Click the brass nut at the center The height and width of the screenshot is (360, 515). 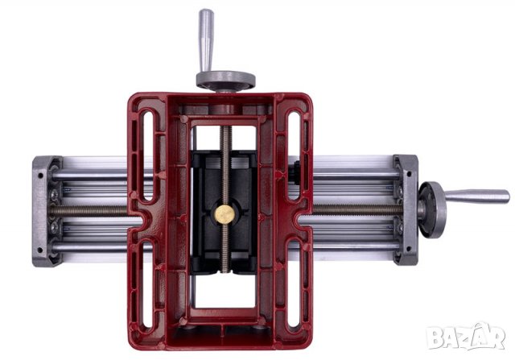click(225, 214)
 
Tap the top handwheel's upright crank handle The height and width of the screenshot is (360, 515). click(206, 40)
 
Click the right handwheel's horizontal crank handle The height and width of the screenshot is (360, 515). click(476, 197)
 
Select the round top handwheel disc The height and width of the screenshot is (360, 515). click(225, 80)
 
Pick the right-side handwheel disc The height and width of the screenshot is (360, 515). click(432, 209)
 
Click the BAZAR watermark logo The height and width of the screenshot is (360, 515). click(465, 337)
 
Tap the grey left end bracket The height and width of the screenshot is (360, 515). click(46, 211)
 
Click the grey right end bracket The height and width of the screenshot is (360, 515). click(406, 209)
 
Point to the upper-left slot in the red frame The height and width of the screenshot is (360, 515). click(148, 155)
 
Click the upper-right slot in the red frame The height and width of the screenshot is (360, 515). click(294, 155)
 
